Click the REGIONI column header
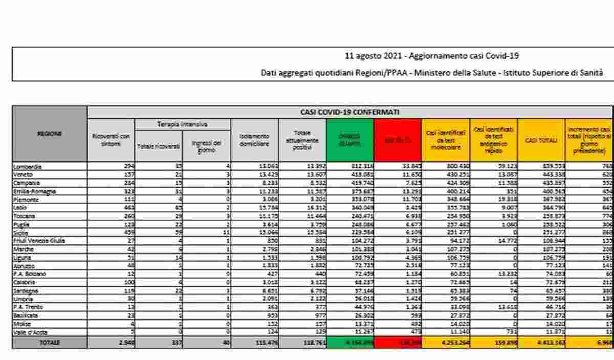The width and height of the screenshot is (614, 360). click(x=50, y=133)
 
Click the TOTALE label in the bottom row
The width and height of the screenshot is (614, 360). click(x=50, y=343)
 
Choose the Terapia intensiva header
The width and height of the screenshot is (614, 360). click(x=183, y=124)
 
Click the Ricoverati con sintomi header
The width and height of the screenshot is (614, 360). click(x=111, y=140)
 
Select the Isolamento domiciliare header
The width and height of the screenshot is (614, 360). click(x=254, y=140)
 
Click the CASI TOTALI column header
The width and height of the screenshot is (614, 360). click(x=541, y=140)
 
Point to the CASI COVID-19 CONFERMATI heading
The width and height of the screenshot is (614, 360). click(x=349, y=112)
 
